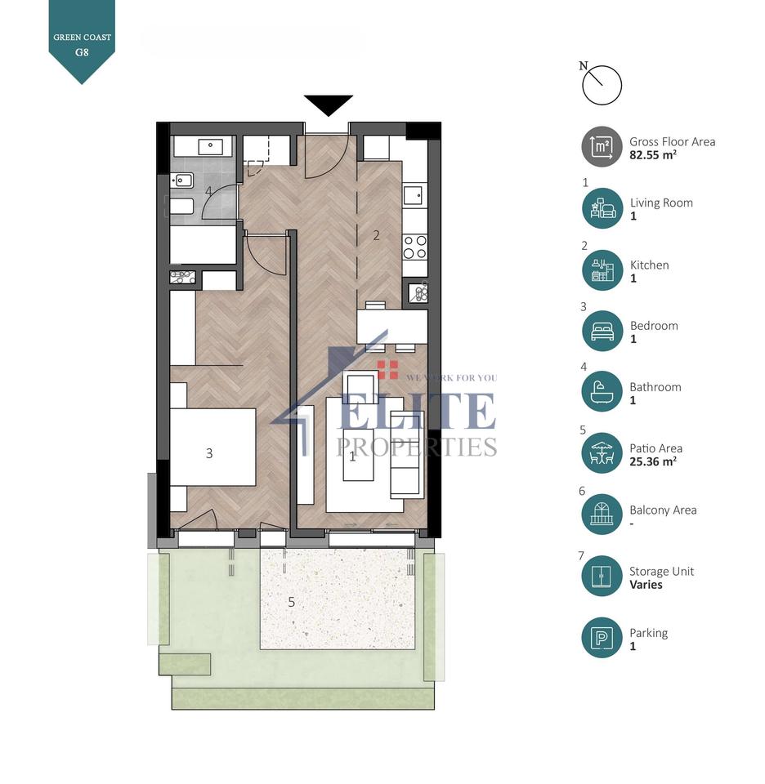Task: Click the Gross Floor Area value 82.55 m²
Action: point(653,154)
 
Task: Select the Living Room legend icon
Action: point(602,208)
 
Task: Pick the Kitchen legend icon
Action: point(602,270)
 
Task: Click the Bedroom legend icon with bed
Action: point(602,332)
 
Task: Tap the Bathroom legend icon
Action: point(602,393)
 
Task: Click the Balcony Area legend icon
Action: point(602,515)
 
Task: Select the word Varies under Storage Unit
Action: point(646,585)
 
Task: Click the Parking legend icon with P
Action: point(602,638)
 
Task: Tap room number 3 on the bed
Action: point(209,453)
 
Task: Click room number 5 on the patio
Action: point(291,603)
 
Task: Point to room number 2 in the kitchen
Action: point(376,236)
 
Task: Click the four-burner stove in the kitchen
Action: point(415,246)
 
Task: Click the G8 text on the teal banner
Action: point(82,51)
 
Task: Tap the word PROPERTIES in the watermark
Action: point(417,446)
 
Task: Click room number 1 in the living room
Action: point(352,457)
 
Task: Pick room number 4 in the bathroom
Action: point(208,191)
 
